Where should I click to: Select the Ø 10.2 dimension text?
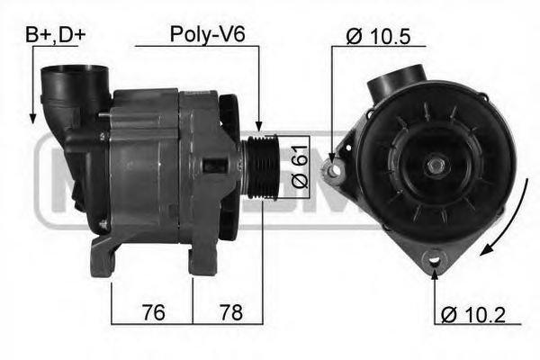tap(474, 315)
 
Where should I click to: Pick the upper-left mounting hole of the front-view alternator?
tap(332, 171)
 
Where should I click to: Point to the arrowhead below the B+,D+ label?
tap(32, 118)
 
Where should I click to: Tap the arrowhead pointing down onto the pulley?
tap(260, 131)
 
